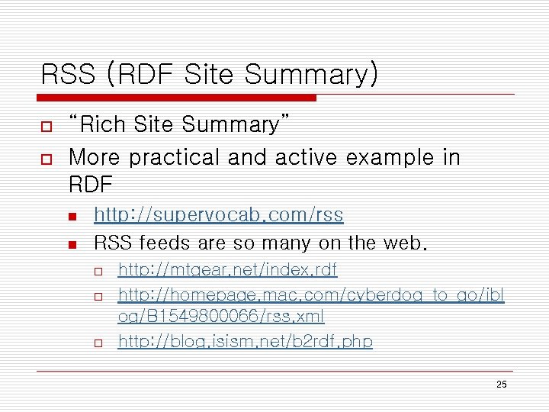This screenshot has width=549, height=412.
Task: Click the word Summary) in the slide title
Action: [310, 75]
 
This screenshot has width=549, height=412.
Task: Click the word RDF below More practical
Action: [90, 185]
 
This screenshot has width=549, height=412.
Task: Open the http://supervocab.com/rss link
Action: [218, 216]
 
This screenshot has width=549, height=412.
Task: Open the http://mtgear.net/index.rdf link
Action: [227, 269]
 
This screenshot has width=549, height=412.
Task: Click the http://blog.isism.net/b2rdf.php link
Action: [245, 342]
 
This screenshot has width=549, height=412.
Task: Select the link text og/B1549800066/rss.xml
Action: [221, 316]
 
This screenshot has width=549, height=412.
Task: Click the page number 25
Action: [501, 385]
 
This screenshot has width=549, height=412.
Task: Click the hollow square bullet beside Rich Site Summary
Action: [46, 125]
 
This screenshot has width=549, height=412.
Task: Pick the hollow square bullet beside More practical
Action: [46, 159]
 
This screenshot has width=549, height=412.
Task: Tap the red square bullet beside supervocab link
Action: [72, 217]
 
